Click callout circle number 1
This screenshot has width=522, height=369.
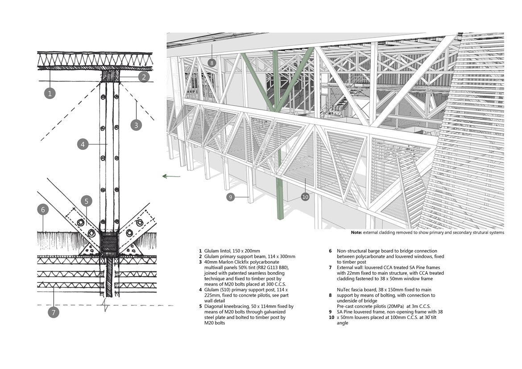(x=50, y=93)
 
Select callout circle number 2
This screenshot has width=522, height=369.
(x=144, y=77)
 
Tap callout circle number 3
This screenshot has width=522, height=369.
(x=136, y=125)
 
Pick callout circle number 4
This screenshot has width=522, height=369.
(x=83, y=144)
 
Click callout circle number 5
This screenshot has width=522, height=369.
(x=87, y=201)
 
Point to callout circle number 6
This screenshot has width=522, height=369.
(x=43, y=209)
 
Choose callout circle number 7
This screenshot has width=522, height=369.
(x=53, y=312)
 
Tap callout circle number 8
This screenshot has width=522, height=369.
(x=211, y=62)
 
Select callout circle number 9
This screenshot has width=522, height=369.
(x=230, y=197)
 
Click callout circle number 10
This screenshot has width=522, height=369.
(x=305, y=197)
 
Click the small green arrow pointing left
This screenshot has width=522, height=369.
(x=171, y=176)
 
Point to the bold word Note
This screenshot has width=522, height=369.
(x=356, y=232)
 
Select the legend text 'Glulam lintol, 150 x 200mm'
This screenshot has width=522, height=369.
(x=232, y=251)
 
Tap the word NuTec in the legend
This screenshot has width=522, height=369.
(x=344, y=290)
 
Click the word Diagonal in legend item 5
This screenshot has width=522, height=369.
(x=213, y=307)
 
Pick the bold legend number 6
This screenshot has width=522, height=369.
(x=330, y=251)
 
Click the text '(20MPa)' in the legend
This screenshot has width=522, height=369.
(x=392, y=307)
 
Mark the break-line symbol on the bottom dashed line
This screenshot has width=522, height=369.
(x=106, y=305)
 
